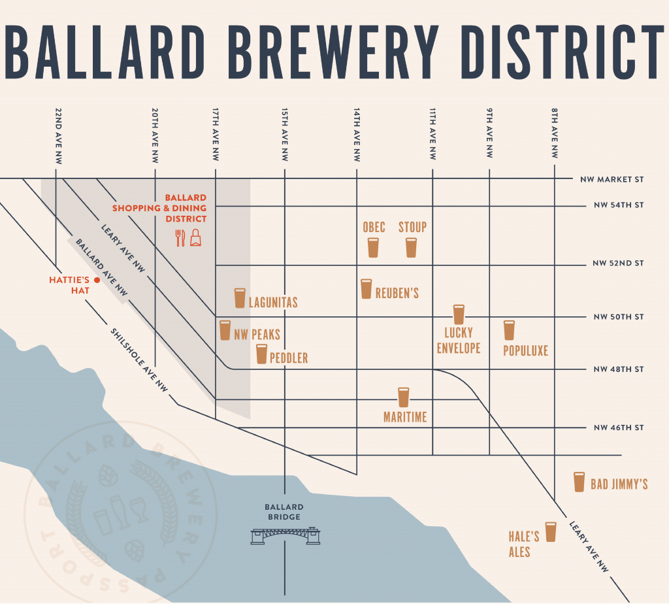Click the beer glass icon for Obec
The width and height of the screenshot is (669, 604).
(x=373, y=247)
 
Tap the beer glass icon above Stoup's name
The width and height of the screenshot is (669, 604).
(x=411, y=247)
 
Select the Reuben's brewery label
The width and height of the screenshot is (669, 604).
(x=397, y=294)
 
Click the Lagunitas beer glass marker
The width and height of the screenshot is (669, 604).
(x=240, y=298)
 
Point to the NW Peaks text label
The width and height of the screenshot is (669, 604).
(x=257, y=335)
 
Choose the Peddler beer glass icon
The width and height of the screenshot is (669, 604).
(x=261, y=354)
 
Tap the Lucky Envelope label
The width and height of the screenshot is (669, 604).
(x=458, y=341)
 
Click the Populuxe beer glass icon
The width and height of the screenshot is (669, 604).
(x=509, y=330)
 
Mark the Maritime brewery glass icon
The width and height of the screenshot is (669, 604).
(x=403, y=397)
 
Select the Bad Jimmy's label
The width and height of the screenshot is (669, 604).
(x=619, y=484)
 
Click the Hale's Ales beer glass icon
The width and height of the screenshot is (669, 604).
(x=550, y=531)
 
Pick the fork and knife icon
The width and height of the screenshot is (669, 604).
(x=181, y=238)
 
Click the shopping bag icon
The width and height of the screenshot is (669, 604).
(x=195, y=239)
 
